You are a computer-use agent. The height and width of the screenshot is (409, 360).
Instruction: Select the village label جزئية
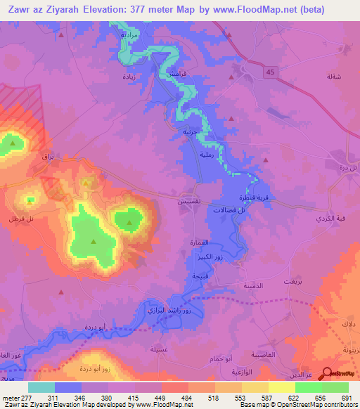point(191,131)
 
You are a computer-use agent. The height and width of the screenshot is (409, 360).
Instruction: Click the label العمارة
point(201,242)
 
